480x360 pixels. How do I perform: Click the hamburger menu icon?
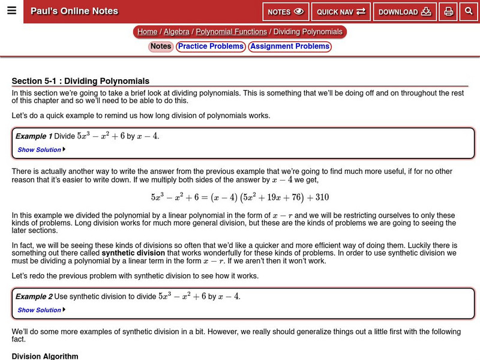pyautogui.click(x=11, y=11)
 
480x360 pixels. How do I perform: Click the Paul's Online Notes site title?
pyautogui.click(x=74, y=11)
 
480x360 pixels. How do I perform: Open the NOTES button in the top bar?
pyautogui.click(x=286, y=12)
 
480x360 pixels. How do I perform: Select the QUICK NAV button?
pyautogui.click(x=341, y=12)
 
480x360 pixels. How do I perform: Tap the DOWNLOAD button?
pyautogui.click(x=404, y=12)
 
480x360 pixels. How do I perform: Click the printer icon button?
pyautogui.click(x=448, y=12)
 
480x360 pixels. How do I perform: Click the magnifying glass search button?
pyautogui.click(x=469, y=12)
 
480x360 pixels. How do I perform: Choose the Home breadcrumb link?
pyautogui.click(x=147, y=32)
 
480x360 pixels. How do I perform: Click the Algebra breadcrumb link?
pyautogui.click(x=176, y=32)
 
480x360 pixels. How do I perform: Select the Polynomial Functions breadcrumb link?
pyautogui.click(x=231, y=32)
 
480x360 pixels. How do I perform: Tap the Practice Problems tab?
pyautogui.click(x=211, y=46)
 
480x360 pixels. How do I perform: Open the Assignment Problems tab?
pyautogui.click(x=290, y=46)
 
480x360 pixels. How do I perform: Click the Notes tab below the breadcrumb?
pyautogui.click(x=161, y=46)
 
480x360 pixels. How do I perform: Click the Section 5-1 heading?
pyautogui.click(x=80, y=81)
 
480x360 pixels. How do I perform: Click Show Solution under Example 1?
pyautogui.click(x=41, y=150)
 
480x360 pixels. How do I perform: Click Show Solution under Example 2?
pyautogui.click(x=41, y=310)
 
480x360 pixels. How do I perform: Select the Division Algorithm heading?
pyautogui.click(x=45, y=356)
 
